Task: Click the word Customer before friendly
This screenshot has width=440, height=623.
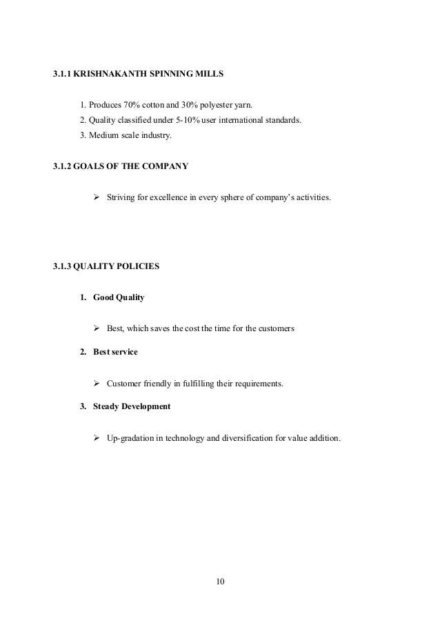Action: pos(124,384)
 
